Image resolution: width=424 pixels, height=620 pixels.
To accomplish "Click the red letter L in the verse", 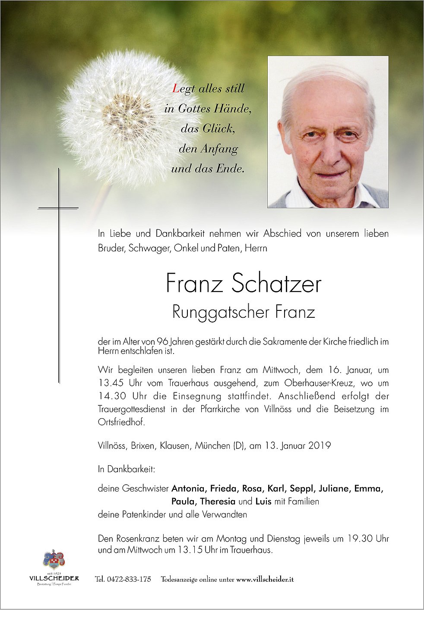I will (x=176, y=89).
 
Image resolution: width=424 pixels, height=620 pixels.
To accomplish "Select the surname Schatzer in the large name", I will (x=276, y=284).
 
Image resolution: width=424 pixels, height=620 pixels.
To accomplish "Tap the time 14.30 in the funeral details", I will (x=109, y=396).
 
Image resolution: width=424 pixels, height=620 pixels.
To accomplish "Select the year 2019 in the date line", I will (x=320, y=445).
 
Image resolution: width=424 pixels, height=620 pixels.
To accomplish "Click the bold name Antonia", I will (x=188, y=488).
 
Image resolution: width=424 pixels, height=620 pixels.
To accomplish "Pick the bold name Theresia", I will (x=218, y=501).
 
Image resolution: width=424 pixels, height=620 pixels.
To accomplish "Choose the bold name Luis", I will (x=263, y=501).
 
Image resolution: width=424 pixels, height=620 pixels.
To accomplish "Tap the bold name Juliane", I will (x=334, y=488).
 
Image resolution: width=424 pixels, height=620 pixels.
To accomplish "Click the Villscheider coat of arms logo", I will (x=54, y=560).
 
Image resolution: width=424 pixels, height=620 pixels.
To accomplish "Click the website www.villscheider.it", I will (x=265, y=579).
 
